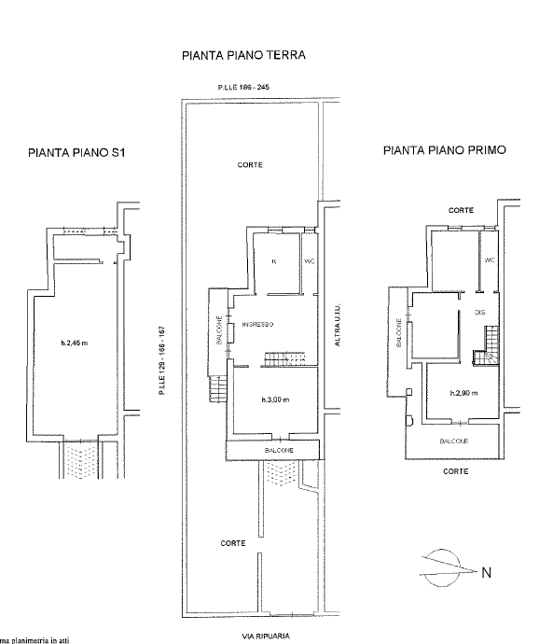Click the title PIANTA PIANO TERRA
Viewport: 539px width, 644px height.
tap(243, 56)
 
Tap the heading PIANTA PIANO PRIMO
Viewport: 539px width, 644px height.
tap(445, 148)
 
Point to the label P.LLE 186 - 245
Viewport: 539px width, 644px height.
tap(243, 87)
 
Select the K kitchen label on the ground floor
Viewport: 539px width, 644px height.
tap(273, 260)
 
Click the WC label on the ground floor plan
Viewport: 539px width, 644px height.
tap(310, 260)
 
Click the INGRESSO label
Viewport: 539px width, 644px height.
tap(257, 324)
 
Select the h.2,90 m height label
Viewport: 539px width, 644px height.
tap(463, 393)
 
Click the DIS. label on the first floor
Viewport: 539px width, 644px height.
tap(481, 312)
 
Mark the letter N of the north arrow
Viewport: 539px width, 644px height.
tap(485, 572)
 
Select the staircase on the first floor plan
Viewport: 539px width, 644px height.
tap(485, 356)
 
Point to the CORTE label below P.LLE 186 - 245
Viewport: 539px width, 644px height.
tap(250, 164)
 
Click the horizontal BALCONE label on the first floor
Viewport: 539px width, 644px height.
tap(454, 441)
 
